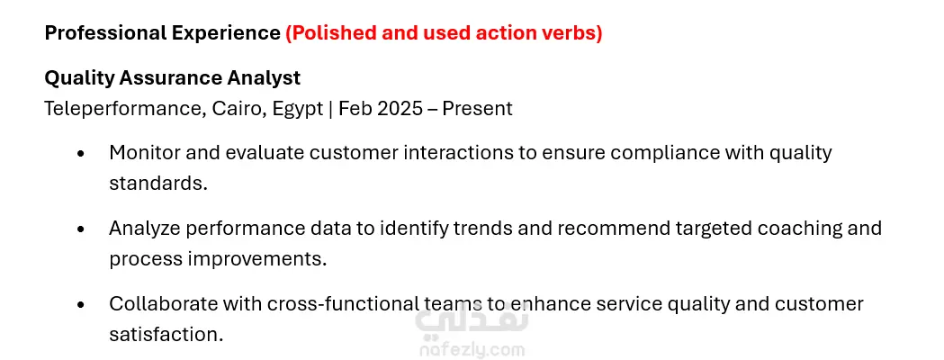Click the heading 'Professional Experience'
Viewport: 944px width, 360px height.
click(x=163, y=33)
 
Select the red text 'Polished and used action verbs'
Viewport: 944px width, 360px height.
click(x=445, y=33)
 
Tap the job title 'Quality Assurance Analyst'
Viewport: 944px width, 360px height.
click(x=172, y=78)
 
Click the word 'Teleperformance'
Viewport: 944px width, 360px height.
click(x=122, y=109)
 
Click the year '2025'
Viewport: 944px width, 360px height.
click(x=400, y=109)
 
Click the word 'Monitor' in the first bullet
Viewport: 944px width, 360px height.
click(x=144, y=153)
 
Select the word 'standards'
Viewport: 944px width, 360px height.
click(x=157, y=183)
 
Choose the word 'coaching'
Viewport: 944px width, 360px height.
click(x=799, y=229)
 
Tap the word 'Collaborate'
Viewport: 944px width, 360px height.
click(x=163, y=304)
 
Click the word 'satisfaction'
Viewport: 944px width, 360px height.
click(x=166, y=334)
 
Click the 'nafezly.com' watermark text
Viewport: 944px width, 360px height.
click(x=472, y=350)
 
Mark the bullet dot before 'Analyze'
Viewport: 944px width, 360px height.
click(x=81, y=230)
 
